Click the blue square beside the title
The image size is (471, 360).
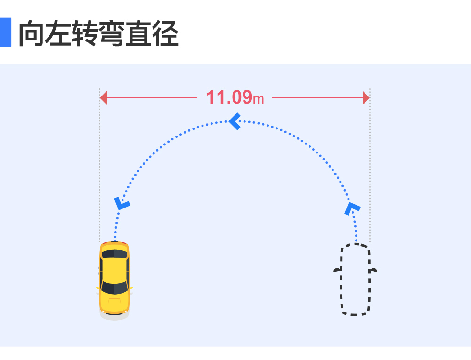coord(5,32)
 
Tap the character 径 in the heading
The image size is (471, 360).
coord(165,33)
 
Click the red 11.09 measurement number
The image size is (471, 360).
coord(229,97)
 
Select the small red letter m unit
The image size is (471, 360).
coord(258,99)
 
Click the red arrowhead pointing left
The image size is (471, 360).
coord(104,98)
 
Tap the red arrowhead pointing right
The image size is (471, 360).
coord(366,98)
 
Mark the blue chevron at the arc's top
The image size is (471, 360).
coord(235,121)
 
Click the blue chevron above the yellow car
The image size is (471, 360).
coord(122,203)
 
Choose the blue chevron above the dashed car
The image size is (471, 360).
coord(352,208)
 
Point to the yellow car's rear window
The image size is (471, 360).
coord(114,288)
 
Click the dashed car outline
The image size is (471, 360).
coord(341,279)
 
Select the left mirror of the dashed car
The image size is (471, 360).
coord(337,269)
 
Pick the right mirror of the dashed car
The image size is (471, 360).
coord(374,269)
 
